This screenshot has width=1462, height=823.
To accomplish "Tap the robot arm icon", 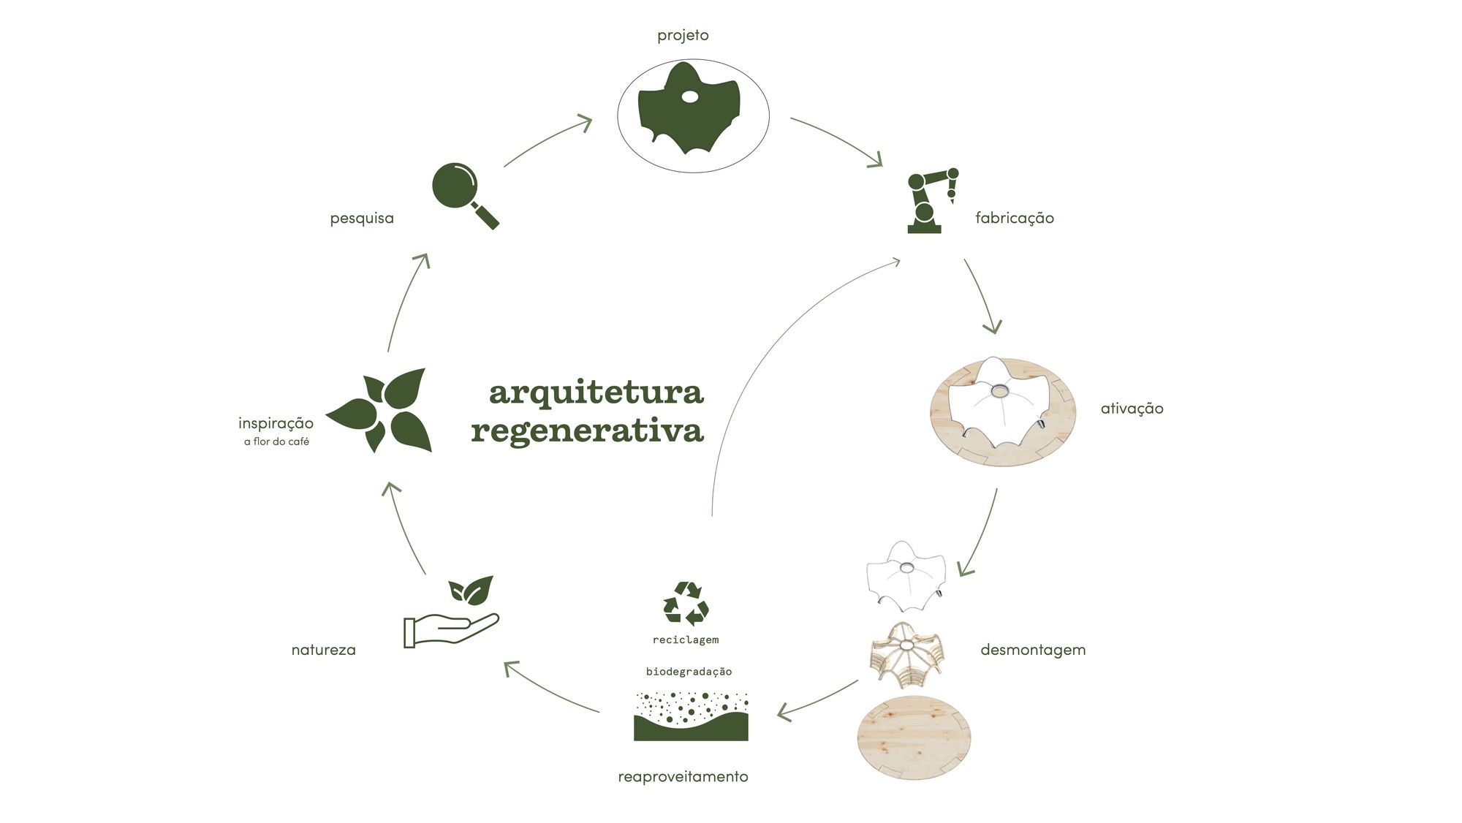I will click(930, 201).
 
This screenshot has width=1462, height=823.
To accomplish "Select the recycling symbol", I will click(686, 604).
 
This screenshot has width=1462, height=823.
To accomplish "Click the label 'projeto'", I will click(683, 35).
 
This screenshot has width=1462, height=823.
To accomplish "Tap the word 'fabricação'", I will click(1015, 218).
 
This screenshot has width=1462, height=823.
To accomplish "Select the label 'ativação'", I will click(1132, 409).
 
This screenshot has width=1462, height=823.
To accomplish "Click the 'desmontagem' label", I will click(1033, 650).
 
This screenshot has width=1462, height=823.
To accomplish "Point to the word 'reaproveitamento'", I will click(683, 776).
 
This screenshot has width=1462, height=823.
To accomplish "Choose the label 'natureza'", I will click(323, 650).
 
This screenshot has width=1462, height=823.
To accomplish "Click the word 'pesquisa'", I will click(362, 219).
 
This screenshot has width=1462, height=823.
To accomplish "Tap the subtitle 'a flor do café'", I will click(276, 441).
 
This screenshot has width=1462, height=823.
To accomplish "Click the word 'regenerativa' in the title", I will click(587, 431).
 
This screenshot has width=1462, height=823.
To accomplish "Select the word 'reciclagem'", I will click(686, 640).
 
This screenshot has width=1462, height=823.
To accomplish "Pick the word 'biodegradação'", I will click(689, 671).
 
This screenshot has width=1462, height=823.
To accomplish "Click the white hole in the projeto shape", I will click(690, 97).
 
